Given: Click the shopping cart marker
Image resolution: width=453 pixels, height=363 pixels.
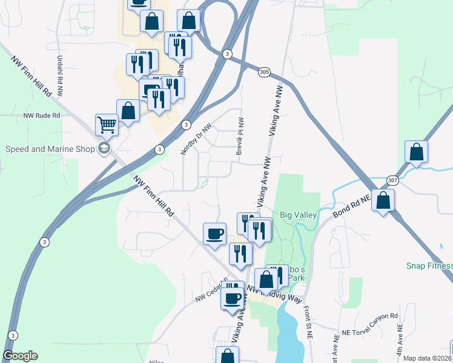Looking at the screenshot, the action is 107,125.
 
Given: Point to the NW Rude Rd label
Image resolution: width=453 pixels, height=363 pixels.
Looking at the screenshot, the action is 42,115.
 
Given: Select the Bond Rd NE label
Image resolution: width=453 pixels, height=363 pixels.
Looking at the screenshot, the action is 352,206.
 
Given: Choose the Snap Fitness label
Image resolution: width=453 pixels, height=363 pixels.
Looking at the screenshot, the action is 429,266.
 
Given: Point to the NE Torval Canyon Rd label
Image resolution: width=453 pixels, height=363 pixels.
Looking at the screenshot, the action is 369,317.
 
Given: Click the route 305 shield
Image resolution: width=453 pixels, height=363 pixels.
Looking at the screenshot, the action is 263,72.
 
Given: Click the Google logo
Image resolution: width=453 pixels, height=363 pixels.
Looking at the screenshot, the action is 20,355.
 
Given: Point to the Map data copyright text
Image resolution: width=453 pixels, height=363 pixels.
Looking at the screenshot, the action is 427,358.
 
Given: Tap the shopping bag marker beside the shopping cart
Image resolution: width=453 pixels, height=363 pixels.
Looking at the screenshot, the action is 128,111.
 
